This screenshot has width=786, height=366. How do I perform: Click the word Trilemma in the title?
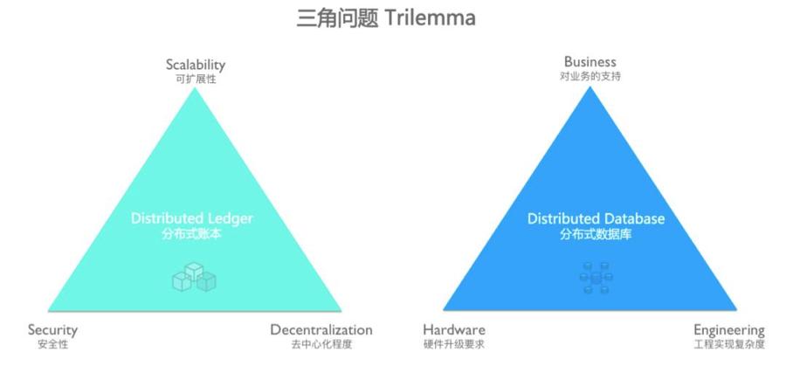point(435,18)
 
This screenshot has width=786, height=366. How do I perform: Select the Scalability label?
point(196,65)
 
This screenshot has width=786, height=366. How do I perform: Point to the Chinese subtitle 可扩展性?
point(196,79)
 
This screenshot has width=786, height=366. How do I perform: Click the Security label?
point(52,330)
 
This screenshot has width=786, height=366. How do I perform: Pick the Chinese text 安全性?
point(52,345)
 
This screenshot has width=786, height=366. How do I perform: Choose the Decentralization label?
point(321,330)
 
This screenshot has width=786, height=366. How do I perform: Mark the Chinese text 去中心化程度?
point(321,345)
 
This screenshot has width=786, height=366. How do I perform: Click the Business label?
point(589,62)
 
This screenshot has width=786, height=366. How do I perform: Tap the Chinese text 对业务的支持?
point(589,76)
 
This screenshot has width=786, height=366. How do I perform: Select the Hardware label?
point(454,330)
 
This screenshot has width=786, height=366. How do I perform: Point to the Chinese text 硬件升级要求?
point(454,345)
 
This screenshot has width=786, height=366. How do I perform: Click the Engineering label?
point(729,330)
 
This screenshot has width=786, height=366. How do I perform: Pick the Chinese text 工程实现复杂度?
point(729,345)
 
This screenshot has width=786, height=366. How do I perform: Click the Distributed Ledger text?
point(192,218)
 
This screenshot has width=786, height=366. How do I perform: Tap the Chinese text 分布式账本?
point(192,234)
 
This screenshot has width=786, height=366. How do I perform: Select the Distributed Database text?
point(596,218)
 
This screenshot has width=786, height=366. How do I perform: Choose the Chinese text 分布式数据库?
point(596,234)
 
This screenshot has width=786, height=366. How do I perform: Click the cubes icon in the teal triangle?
point(193,278)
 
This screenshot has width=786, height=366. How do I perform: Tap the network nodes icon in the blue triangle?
point(596,278)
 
